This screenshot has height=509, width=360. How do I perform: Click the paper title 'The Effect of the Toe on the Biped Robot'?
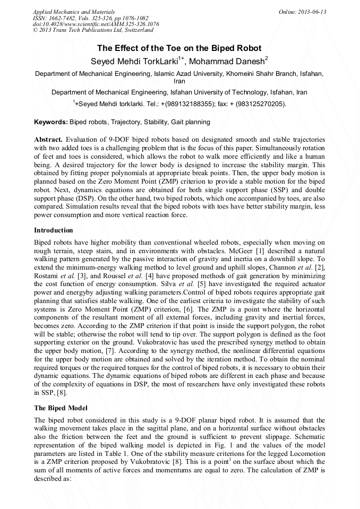tap(179, 48)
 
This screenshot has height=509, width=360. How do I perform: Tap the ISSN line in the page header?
tap(91, 18)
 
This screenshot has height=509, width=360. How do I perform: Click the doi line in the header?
tap(96, 24)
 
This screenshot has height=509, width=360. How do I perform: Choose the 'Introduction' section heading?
tap(54, 230)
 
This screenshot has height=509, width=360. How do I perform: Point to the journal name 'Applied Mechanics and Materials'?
tap(73, 11)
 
